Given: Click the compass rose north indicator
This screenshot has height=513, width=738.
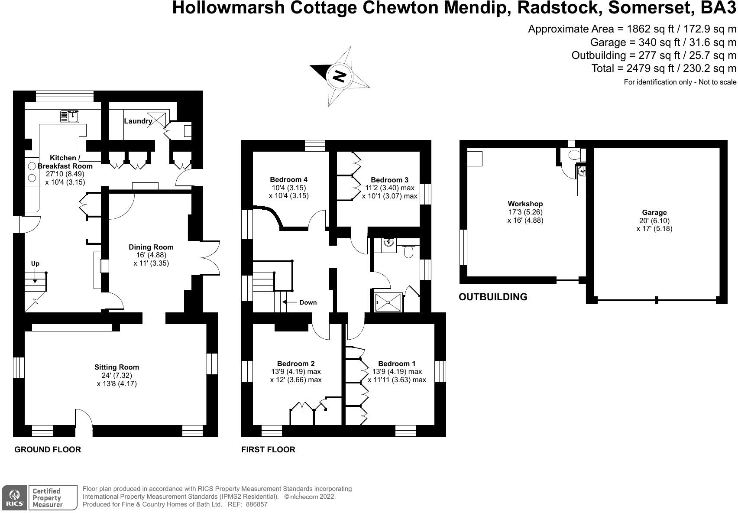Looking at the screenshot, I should (339, 76).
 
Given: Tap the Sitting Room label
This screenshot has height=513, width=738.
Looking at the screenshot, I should (117, 367).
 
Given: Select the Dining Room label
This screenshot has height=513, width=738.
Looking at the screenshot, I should (151, 247).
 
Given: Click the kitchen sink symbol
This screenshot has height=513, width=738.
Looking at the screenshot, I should (70, 116).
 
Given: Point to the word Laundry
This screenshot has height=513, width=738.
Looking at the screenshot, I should (138, 121).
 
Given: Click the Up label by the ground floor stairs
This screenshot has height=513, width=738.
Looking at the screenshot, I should (35, 263).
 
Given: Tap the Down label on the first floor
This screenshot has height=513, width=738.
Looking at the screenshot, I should (308, 302).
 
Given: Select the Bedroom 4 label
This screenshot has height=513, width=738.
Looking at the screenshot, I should (288, 179).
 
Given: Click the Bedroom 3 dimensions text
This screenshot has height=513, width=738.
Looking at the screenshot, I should (389, 192).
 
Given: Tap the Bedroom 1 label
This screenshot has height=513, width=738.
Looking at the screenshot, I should (397, 364).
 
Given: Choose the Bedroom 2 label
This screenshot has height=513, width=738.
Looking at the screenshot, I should (296, 364).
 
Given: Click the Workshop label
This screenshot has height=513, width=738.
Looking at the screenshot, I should (525, 204).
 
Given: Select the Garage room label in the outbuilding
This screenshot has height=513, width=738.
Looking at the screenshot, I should (654, 212).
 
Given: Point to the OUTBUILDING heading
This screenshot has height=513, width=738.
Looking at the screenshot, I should (493, 297).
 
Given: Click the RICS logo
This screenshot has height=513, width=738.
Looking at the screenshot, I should (15, 497).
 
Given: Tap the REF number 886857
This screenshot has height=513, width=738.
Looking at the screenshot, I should (257, 504).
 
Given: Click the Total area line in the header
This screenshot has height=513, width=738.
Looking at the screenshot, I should (664, 68).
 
